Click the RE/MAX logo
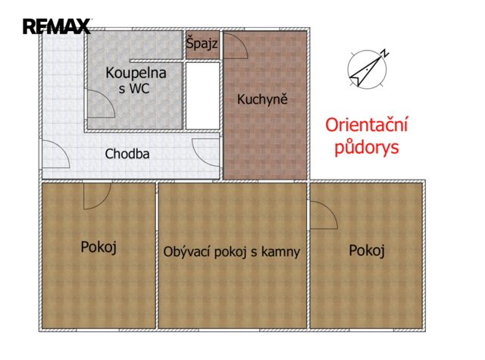(x=57, y=27)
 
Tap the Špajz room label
(x=202, y=43)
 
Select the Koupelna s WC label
(x=136, y=80)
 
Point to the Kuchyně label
(x=262, y=99)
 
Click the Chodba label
(x=127, y=154)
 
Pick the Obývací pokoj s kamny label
(x=232, y=252)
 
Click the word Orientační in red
(x=367, y=124)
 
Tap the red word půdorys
(x=367, y=147)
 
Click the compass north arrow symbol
(x=368, y=69)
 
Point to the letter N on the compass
(x=385, y=53)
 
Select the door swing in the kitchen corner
(x=236, y=45)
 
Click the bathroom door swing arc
(x=101, y=104)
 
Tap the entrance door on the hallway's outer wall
(x=55, y=154)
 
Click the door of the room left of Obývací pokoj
(x=97, y=196)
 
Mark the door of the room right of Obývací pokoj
(x=324, y=215)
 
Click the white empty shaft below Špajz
(x=202, y=96)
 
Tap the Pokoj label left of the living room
(x=99, y=247)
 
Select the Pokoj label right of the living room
(x=367, y=251)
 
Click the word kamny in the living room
(x=280, y=252)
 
